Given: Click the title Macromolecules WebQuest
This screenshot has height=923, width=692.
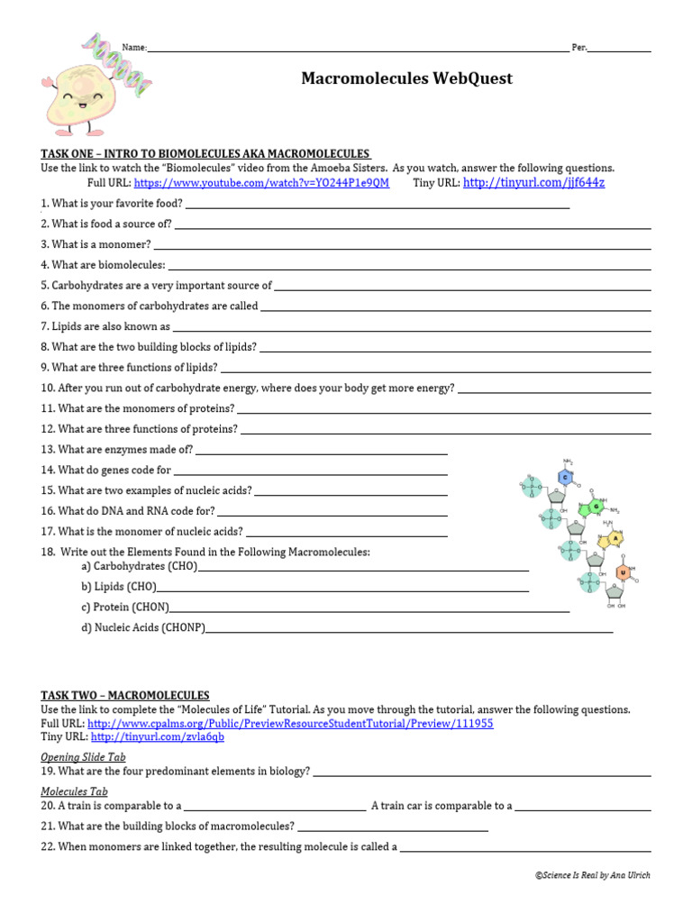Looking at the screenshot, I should (406, 78).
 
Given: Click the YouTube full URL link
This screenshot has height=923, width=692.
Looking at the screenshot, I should (261, 183).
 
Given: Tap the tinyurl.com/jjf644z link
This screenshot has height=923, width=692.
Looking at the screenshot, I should (533, 183).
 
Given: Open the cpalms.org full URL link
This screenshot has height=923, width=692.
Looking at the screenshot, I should (290, 724).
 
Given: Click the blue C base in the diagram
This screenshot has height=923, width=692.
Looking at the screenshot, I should (566, 477).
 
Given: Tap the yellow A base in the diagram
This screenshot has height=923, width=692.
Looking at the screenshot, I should (615, 539).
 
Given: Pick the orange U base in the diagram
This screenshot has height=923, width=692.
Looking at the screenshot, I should (622, 571).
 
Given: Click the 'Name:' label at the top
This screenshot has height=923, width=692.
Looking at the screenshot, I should (133, 48).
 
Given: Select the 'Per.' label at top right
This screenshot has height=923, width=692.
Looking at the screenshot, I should (578, 48).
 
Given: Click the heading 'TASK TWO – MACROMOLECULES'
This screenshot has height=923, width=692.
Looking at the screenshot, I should (124, 696).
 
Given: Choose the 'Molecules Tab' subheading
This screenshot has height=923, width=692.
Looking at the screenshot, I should (75, 791).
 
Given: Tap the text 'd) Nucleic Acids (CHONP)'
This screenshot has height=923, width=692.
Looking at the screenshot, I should (143, 627).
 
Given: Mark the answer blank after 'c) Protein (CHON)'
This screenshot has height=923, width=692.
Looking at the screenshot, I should (369, 608).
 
